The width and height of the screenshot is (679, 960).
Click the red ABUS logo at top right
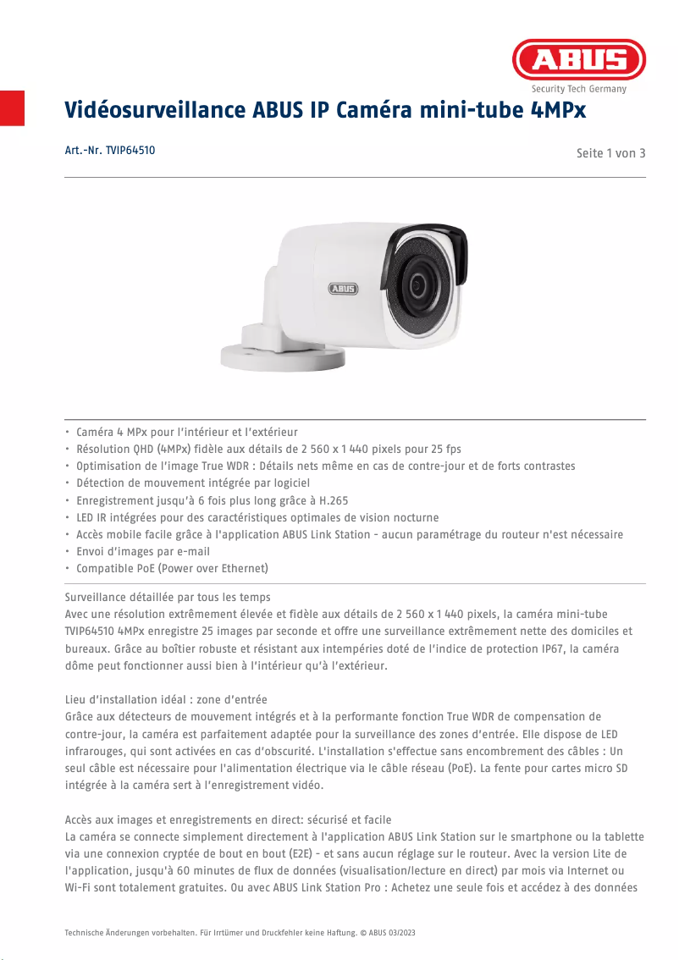point(578,59)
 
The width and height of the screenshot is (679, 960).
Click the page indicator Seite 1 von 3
point(610,153)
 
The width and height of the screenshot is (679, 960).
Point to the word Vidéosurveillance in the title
point(155,111)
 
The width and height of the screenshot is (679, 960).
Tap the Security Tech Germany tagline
point(578,89)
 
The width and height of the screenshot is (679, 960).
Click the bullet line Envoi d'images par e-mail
point(143,551)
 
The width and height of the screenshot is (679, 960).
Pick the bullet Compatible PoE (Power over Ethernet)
point(172,568)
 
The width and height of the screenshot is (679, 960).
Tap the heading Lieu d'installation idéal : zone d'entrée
point(166,699)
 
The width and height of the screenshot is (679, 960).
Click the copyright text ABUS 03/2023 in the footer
point(391,932)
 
